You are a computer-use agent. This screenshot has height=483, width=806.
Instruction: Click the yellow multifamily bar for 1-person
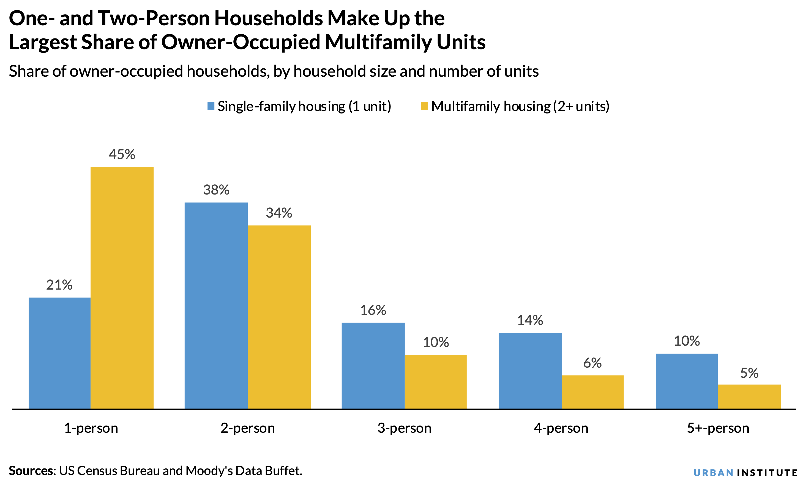coord(122,288)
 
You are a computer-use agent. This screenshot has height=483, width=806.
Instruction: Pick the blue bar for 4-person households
coord(530,371)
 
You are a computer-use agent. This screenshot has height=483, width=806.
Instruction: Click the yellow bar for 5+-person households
coord(749,396)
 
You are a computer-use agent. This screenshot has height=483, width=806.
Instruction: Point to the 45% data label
coord(122,154)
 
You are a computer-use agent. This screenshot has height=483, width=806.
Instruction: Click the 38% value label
coord(216,190)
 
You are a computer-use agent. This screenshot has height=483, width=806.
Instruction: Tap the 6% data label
coord(592,363)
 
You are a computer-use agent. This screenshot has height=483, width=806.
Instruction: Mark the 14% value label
coord(530,320)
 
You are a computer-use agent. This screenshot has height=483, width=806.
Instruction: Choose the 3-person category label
coord(404,428)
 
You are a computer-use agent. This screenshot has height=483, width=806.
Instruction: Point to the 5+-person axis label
coord(718,428)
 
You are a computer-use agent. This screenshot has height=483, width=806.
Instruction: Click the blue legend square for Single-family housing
coord(211,106)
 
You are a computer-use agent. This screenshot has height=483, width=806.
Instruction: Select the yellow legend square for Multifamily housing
coord(424,106)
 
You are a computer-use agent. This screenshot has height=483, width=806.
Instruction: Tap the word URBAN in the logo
coord(713,473)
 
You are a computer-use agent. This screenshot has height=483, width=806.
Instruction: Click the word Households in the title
coord(269,18)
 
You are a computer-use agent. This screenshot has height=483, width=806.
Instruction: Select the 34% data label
coord(279,213)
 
